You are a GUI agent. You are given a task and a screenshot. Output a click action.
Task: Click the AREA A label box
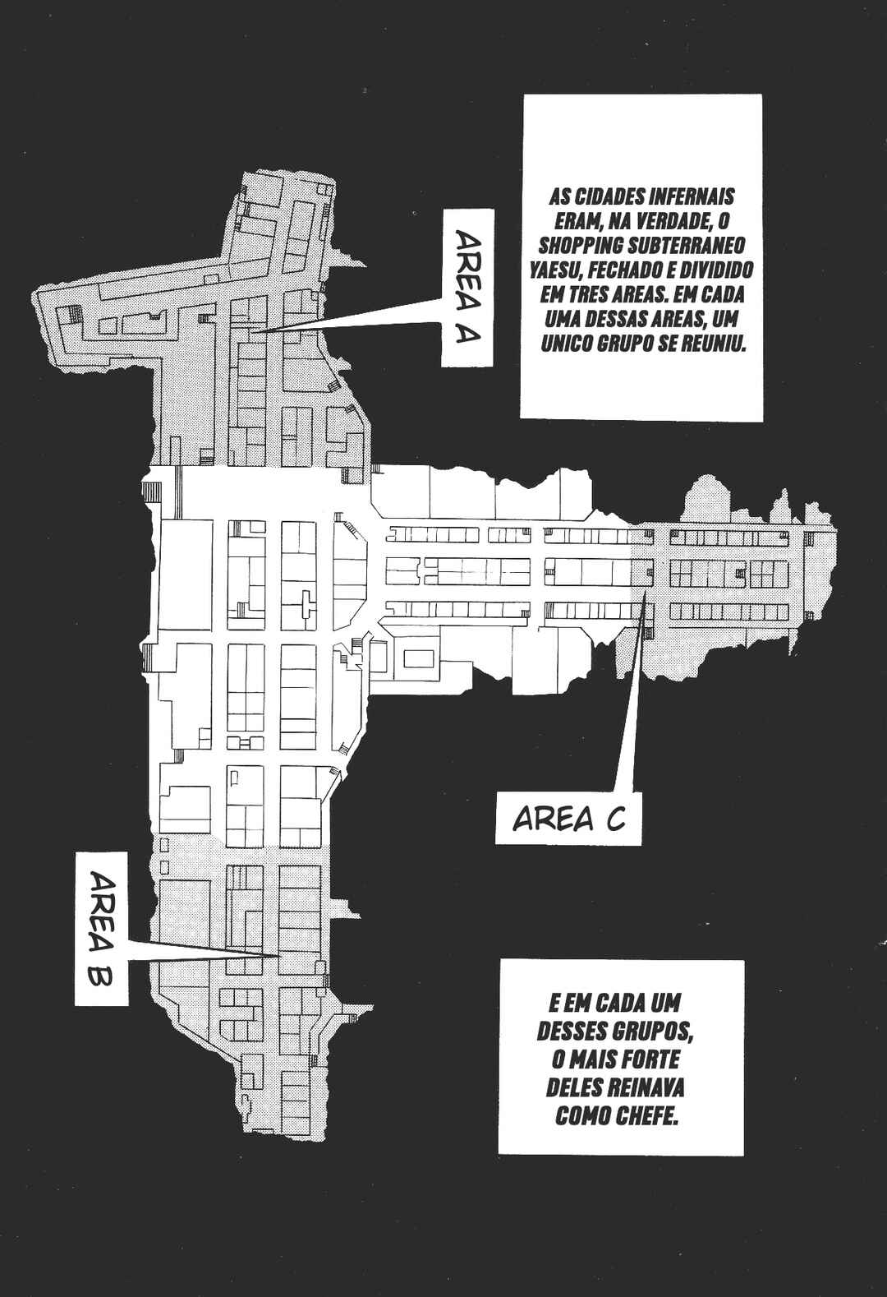[467, 288]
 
